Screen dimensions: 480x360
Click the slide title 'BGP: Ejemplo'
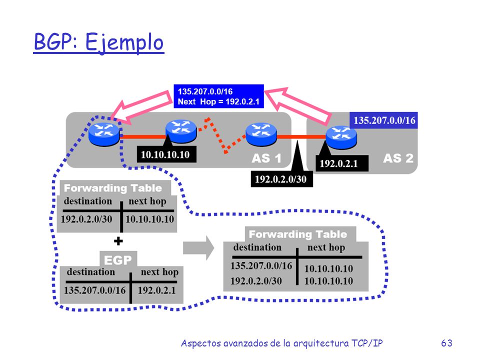(98, 42)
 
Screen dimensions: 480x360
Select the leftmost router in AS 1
(104, 134)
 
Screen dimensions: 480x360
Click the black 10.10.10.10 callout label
(166, 154)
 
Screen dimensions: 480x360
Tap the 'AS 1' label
(266, 158)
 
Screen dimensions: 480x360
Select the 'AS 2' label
(398, 158)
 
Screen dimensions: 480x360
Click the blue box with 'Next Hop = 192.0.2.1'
(218, 96)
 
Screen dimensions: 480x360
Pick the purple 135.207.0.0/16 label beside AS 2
(384, 120)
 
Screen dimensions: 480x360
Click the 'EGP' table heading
(118, 260)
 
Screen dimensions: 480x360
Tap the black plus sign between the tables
(118, 241)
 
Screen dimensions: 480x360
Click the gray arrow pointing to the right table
(198, 247)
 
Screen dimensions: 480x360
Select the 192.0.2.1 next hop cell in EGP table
(156, 290)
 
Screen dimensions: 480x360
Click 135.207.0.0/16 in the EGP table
(95, 290)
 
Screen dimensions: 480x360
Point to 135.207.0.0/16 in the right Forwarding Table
(261, 265)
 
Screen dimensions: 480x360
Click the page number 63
(446, 343)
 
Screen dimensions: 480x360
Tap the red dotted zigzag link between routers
(222, 135)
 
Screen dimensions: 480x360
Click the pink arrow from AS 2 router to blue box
(297, 106)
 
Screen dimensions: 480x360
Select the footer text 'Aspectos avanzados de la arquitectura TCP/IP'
(281, 343)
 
